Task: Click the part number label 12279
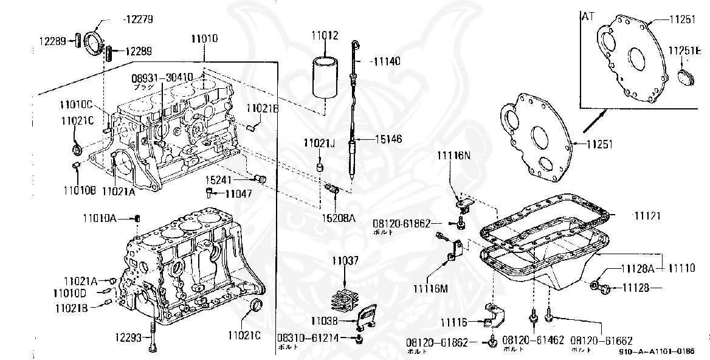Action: (138, 19)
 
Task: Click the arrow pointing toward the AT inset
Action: (595, 120)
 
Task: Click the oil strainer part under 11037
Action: (344, 300)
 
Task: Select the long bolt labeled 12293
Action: (152, 337)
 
